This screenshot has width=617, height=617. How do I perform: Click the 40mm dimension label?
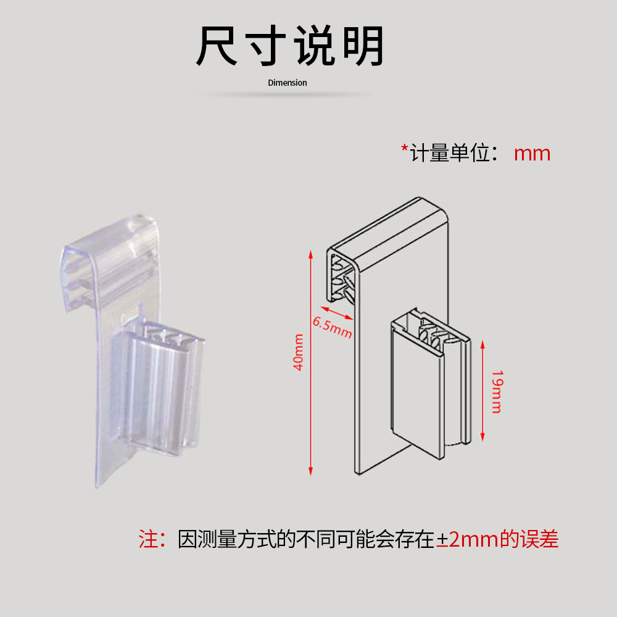pyautogui.click(x=299, y=352)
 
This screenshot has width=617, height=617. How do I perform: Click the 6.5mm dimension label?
pyautogui.click(x=332, y=327)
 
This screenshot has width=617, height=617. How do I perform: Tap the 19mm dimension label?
pyautogui.click(x=496, y=392)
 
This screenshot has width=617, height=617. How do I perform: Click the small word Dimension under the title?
pyautogui.click(x=287, y=83)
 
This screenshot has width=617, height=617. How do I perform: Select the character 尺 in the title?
pyautogui.click(x=217, y=46)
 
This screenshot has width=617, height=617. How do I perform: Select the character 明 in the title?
pyautogui.click(x=364, y=46)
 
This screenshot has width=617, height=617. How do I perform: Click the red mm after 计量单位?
pyautogui.click(x=532, y=153)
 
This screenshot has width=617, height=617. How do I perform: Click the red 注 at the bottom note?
pyautogui.click(x=149, y=540)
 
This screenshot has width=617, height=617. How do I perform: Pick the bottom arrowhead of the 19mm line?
pyautogui.click(x=482, y=442)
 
